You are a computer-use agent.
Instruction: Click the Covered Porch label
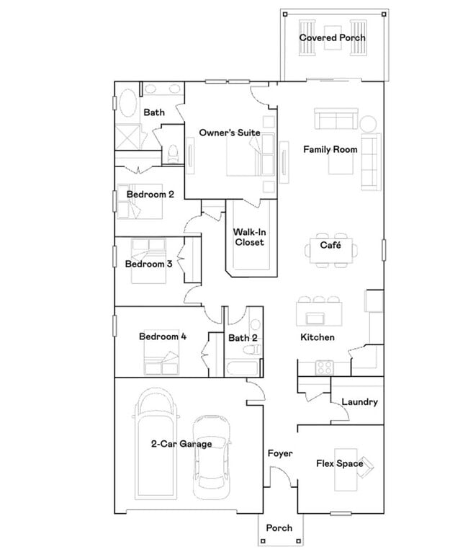(332, 37)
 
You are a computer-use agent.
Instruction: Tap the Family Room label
(330, 150)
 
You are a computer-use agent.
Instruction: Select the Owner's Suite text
(230, 133)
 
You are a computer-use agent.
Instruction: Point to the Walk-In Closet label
(248, 237)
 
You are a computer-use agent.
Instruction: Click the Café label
(330, 246)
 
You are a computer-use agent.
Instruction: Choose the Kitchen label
(317, 337)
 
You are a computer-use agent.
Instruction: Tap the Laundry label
(359, 402)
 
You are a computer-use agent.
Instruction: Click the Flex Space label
(339, 463)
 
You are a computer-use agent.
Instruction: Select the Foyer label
(279, 454)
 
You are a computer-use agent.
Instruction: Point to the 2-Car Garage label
(181, 444)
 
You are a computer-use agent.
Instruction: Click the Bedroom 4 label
(163, 337)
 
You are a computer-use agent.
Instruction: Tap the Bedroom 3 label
(148, 264)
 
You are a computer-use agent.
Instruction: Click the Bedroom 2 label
(150, 195)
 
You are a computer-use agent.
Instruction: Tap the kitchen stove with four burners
(325, 366)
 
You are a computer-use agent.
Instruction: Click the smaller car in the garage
(212, 455)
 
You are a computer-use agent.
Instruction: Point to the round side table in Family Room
(369, 123)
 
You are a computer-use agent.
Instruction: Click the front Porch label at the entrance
(279, 528)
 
